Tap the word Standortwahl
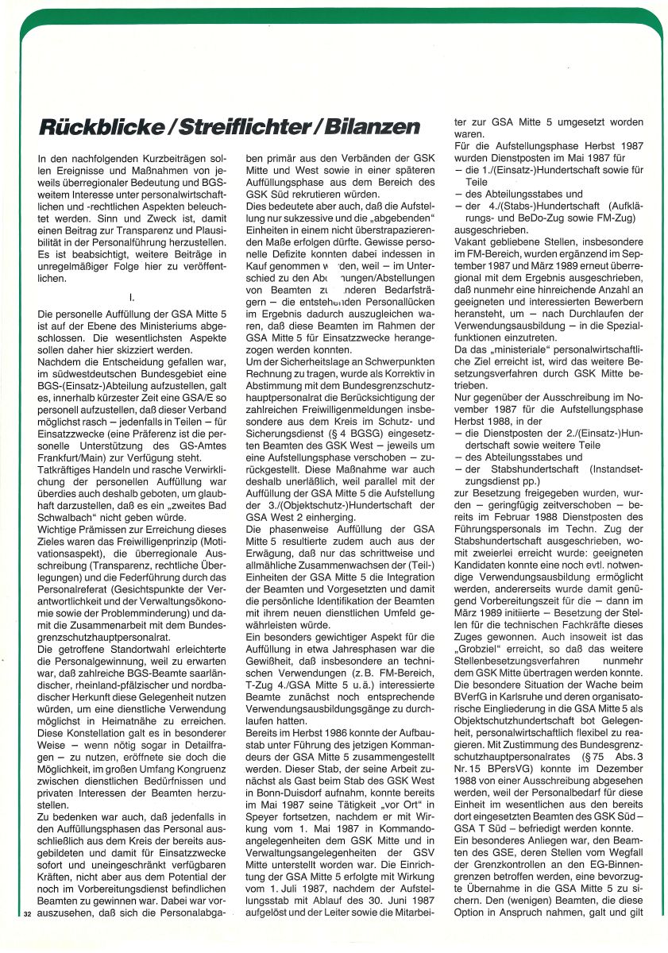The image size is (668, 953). (x=112, y=628)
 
